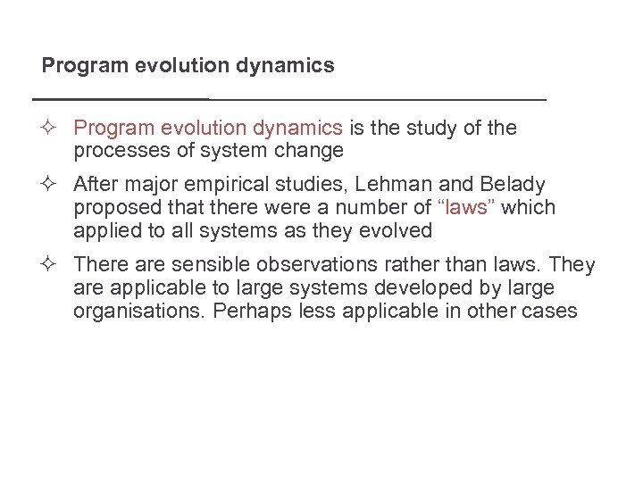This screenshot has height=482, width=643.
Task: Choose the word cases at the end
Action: [x=553, y=312]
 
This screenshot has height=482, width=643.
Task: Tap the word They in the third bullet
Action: [x=573, y=265]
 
